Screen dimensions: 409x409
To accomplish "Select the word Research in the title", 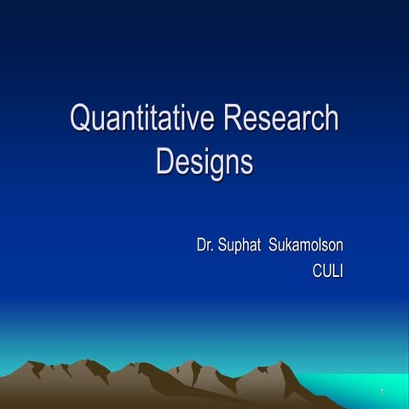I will [x=281, y=118].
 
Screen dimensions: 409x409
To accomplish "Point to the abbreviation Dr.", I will [x=204, y=247].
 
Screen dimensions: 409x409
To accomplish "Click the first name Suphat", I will [x=240, y=247].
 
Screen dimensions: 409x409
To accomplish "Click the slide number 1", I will [x=384, y=392].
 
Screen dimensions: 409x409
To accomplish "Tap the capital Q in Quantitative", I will [x=81, y=118].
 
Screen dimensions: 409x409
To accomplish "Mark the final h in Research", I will [x=331, y=118].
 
